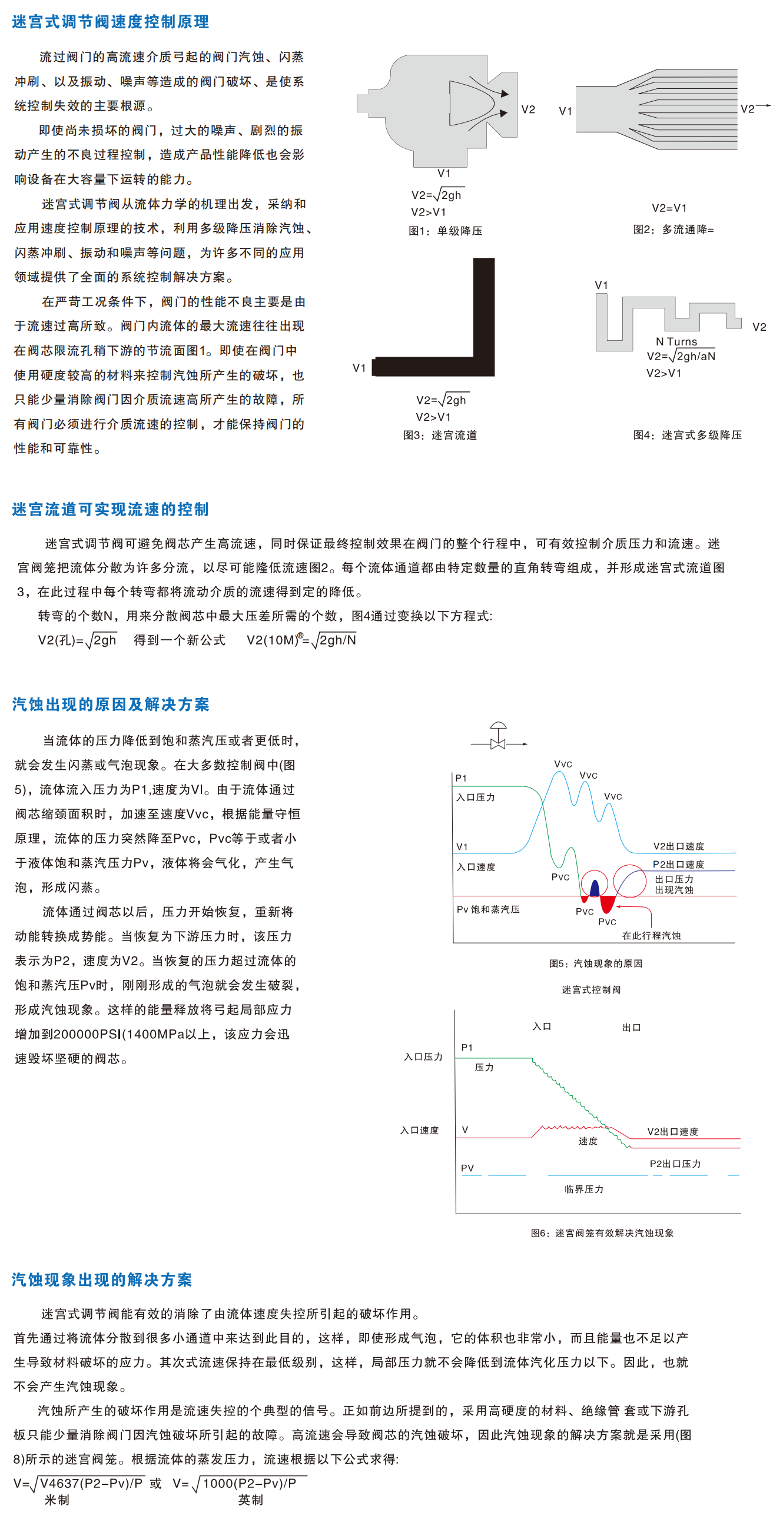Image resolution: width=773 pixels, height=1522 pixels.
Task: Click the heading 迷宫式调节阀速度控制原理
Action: [111, 22]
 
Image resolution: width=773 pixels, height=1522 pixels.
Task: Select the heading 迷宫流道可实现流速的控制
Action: [111, 509]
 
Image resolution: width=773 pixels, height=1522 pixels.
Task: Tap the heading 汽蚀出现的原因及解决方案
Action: [111, 704]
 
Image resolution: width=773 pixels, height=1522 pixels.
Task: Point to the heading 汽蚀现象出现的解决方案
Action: [102, 1280]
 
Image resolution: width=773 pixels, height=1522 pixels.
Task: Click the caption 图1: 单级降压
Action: [445, 231]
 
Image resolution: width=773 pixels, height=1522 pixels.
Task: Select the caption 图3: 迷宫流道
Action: [440, 436]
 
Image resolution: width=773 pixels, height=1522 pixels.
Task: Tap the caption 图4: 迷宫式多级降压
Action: [687, 436]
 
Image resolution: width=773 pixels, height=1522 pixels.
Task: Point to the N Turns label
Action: [676, 341]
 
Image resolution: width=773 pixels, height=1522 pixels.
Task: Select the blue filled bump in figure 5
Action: [595, 889]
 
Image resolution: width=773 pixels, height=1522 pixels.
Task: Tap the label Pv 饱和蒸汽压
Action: [488, 909]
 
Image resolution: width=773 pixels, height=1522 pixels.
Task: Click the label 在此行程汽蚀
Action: [651, 936]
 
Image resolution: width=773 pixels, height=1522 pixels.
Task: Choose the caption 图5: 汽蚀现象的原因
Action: [596, 963]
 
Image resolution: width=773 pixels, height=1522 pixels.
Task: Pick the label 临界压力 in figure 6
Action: [584, 1189]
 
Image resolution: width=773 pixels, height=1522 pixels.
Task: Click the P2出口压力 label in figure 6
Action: [675, 1164]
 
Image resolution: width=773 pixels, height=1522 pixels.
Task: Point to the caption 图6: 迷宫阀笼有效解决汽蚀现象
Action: [602, 1233]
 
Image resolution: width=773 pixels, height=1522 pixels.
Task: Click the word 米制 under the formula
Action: [57, 1500]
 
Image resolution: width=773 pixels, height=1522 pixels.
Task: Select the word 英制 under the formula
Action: [251, 1500]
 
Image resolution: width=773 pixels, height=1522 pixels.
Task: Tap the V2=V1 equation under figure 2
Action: [669, 208]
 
